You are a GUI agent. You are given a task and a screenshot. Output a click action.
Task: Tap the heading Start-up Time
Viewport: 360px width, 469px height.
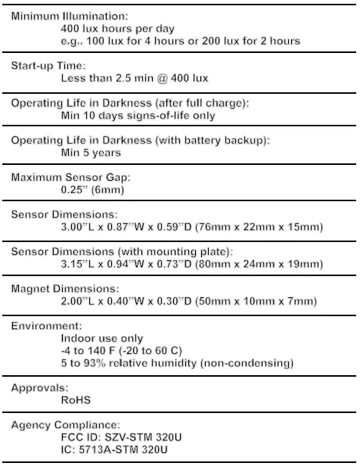pos(48,66)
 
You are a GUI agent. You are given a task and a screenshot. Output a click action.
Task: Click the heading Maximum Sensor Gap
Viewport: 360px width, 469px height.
pos(71,178)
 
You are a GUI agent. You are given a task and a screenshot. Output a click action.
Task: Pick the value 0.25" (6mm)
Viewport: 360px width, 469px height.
pos(92,190)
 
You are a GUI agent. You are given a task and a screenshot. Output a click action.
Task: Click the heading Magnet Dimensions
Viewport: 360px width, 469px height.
pos(65,289)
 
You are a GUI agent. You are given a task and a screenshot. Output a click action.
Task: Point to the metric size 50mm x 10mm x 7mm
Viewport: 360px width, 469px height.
pos(254,302)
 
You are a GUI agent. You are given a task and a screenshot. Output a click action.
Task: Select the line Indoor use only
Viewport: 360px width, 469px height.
pos(102,338)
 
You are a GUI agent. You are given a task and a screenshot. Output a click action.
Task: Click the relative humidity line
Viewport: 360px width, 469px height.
pos(177,363)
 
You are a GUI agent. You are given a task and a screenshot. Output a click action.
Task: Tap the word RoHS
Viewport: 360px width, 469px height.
pos(76,400)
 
